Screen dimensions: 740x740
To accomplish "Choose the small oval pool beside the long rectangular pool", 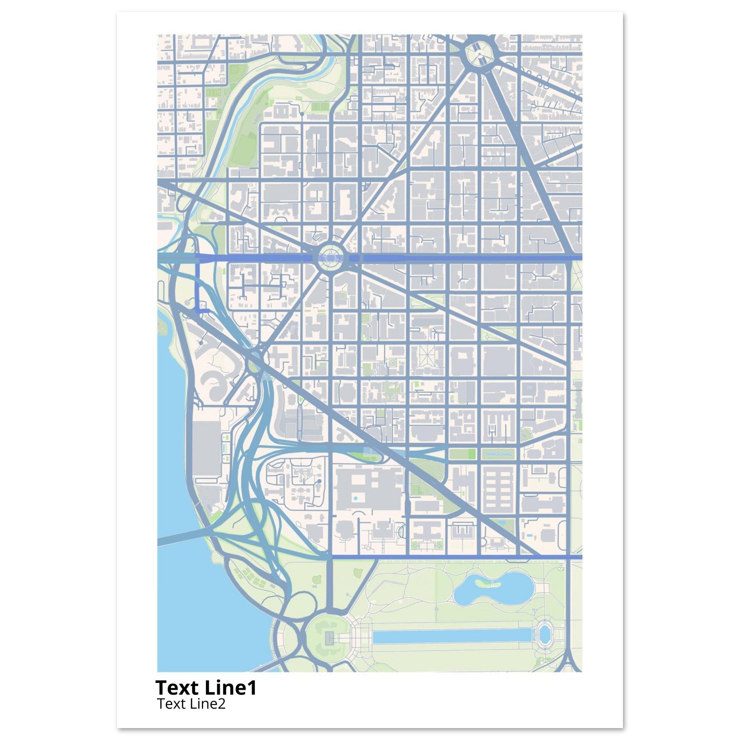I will pyautogui.click(x=543, y=634).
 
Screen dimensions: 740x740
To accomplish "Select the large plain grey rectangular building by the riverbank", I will pyautogui.click(x=207, y=448).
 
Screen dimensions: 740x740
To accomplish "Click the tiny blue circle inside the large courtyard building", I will pyautogui.click(x=356, y=498).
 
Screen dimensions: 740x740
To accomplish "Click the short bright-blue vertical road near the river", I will pyautogui.click(x=198, y=283).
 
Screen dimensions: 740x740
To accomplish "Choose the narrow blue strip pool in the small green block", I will pyautogui.click(x=497, y=455).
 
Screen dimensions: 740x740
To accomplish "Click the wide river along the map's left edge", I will pyautogui.click(x=180, y=594).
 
